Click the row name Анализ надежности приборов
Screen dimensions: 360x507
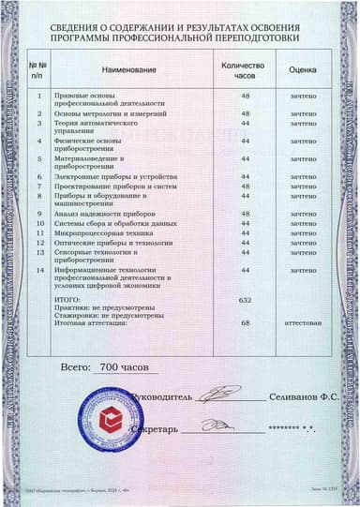pyautogui.click(x=103, y=215)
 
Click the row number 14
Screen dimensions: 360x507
pyautogui.click(x=39, y=270)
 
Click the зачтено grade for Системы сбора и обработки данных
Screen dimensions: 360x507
pyautogui.click(x=302, y=223)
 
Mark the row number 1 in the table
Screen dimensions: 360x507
pyautogui.click(x=39, y=96)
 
